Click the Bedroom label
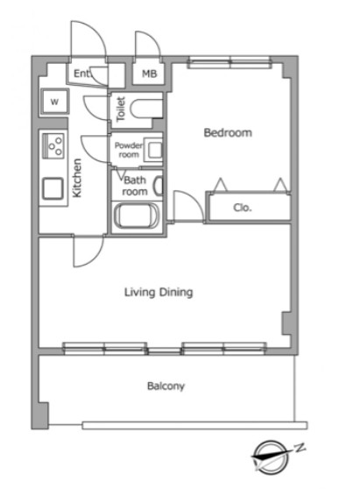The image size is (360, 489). point(228,133)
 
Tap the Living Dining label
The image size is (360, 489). point(159,292)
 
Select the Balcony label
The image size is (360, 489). point(166,386)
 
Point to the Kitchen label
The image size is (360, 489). point(77,178)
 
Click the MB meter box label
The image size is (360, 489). point(149,74)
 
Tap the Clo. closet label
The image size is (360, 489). point(243,208)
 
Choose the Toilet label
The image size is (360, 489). point(121,109)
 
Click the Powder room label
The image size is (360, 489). point(129,150)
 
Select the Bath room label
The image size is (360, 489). point(135,186)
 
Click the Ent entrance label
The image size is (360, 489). point(81,74)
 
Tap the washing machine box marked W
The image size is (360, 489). point(55,102)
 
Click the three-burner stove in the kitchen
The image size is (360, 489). point(53,145)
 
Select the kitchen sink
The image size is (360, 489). point(53,188)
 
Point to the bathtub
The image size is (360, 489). point(137,216)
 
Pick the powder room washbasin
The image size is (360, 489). point(155,151)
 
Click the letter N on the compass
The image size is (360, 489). point(300,448)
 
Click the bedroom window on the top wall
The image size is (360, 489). point(229,62)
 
